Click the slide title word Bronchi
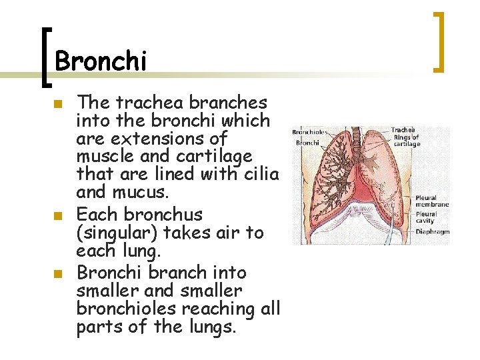[x=100, y=61]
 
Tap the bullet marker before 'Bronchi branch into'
[x=59, y=274]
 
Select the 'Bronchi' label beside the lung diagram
[x=307, y=143]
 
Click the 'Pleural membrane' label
[x=432, y=201]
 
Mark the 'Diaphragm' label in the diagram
[x=433, y=232]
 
